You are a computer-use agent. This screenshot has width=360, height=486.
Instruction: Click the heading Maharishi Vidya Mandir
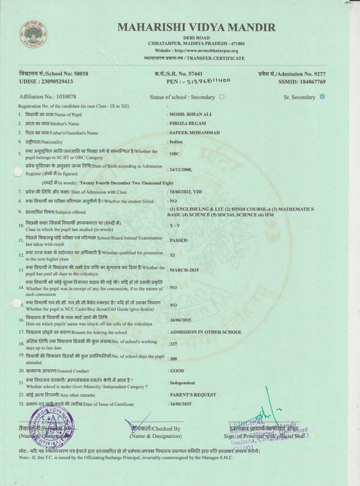[x=196, y=27]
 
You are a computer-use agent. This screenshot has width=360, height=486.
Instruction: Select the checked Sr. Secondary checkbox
[x=322, y=96]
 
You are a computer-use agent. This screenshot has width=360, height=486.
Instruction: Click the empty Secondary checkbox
[x=222, y=96]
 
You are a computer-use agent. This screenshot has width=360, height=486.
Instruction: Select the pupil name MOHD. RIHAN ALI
[x=190, y=114]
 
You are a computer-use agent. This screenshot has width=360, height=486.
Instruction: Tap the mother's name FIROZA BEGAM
[x=188, y=123]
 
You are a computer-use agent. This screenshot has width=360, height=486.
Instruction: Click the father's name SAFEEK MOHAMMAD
[x=194, y=132]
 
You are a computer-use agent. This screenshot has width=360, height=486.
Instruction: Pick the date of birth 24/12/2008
[x=180, y=169]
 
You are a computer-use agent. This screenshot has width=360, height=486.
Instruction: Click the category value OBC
[x=174, y=154]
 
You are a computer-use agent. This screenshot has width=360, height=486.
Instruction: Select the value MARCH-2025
[x=184, y=270]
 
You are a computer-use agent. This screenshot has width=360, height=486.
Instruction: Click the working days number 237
[x=174, y=344]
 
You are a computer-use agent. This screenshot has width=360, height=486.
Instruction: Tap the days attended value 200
[x=174, y=359]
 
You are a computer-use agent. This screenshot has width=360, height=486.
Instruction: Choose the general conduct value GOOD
[x=177, y=371]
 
